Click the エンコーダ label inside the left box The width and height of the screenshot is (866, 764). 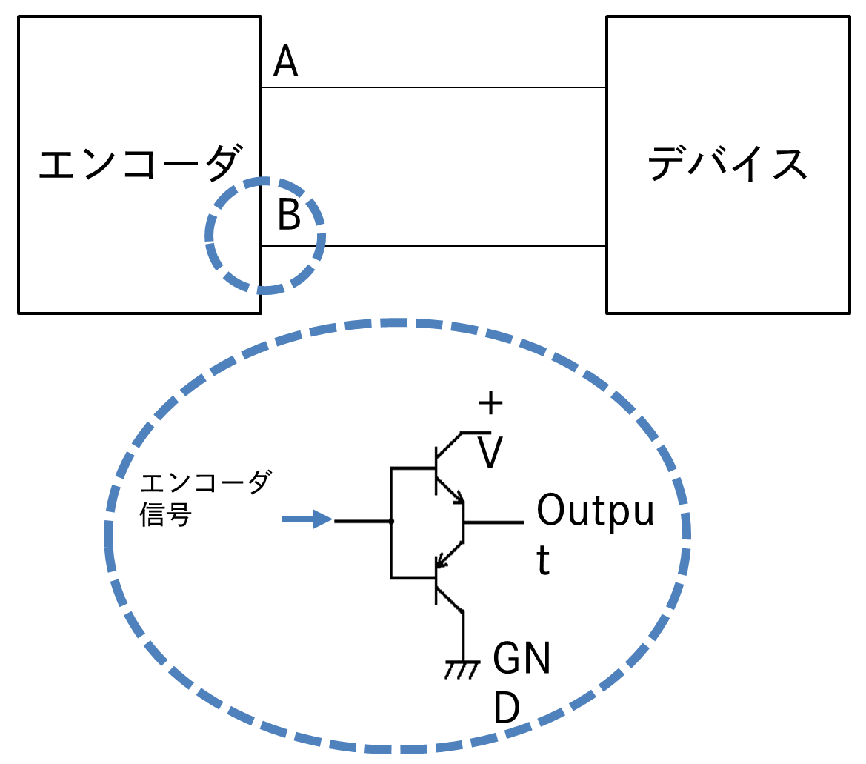click(x=139, y=164)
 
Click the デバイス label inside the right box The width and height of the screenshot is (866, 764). click(x=727, y=164)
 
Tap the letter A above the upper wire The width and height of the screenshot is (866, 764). click(x=285, y=62)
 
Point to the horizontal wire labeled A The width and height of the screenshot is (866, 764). click(x=433, y=87)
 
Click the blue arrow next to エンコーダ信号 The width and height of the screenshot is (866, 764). click(x=307, y=520)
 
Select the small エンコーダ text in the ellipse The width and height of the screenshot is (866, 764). click(x=205, y=484)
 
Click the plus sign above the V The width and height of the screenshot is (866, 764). click(x=490, y=405)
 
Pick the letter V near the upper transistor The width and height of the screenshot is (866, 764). click(x=489, y=453)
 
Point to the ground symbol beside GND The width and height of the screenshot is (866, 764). click(x=463, y=668)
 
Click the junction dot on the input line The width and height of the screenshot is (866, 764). click(x=392, y=522)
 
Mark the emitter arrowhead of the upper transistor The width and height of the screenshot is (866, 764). click(x=459, y=497)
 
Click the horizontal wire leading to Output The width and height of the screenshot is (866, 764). click(x=494, y=522)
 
